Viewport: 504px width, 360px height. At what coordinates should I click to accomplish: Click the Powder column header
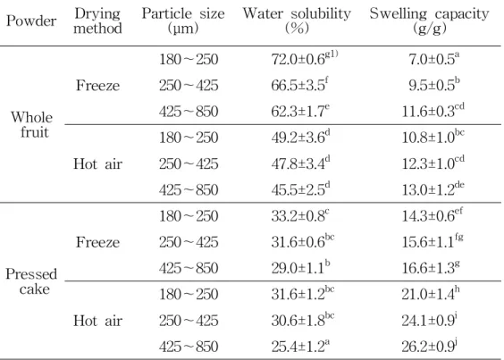tap(31, 21)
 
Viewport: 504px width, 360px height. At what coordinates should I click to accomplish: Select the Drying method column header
tap(97, 21)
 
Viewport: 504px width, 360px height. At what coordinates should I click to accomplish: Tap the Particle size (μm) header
tap(183, 21)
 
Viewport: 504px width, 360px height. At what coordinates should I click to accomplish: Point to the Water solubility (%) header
tap(297, 21)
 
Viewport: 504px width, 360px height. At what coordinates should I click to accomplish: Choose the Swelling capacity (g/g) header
tap(430, 21)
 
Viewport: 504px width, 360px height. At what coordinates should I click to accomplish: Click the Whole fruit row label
tap(31, 125)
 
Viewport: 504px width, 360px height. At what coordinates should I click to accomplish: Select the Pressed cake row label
tap(31, 281)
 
